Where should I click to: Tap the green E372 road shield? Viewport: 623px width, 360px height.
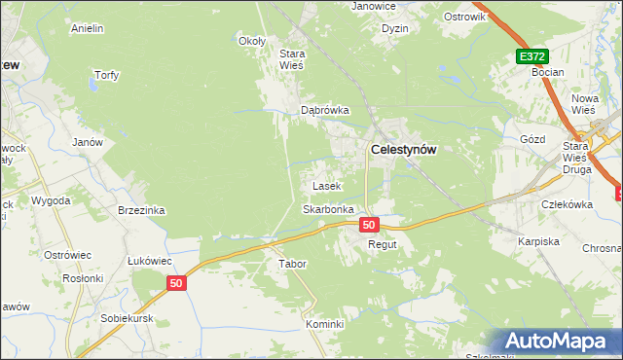pyautogui.click(x=531, y=57)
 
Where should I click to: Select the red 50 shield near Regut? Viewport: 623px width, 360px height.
pyautogui.click(x=368, y=225)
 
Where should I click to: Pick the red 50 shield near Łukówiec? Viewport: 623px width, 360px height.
pyautogui.click(x=175, y=283)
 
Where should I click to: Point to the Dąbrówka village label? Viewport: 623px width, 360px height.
pyautogui.click(x=324, y=111)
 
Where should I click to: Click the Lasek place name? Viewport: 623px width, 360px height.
pyautogui.click(x=325, y=185)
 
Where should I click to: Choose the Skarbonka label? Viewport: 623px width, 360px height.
pyautogui.click(x=326, y=209)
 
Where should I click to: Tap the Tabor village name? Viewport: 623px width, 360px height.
pyautogui.click(x=293, y=264)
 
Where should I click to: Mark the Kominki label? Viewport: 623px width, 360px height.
pyautogui.click(x=325, y=324)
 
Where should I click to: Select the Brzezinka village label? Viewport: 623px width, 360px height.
pyautogui.click(x=141, y=210)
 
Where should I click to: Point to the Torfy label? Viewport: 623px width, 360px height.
pyautogui.click(x=105, y=75)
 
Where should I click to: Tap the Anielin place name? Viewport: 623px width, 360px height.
pyautogui.click(x=88, y=29)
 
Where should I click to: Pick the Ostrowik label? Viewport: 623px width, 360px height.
pyautogui.click(x=463, y=18)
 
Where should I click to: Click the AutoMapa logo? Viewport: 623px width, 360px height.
pyautogui.click(x=559, y=342)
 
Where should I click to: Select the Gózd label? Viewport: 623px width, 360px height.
pyautogui.click(x=532, y=139)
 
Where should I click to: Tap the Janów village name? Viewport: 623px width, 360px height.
pyautogui.click(x=88, y=142)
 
